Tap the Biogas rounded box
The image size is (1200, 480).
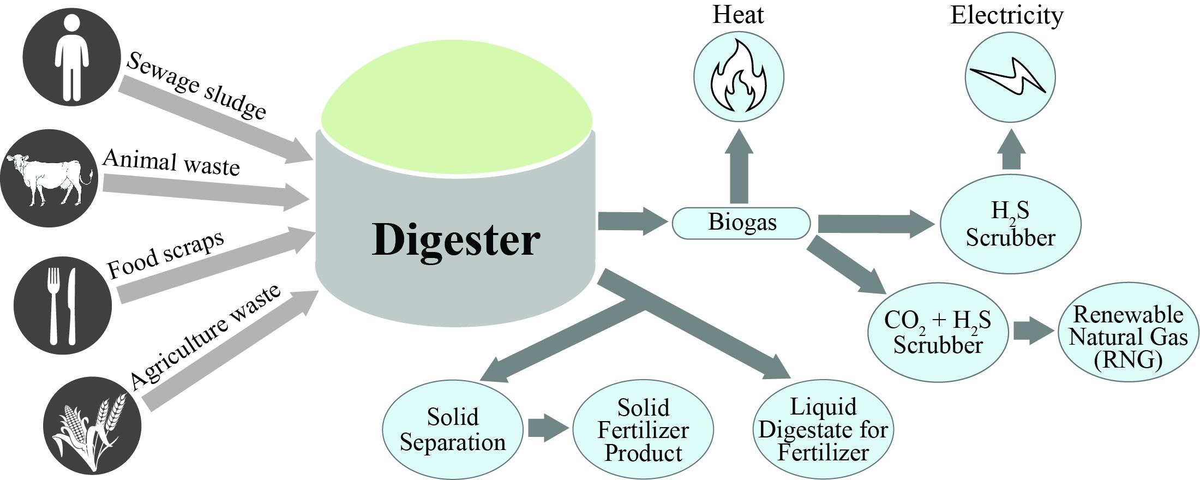741,223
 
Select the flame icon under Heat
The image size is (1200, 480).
739,76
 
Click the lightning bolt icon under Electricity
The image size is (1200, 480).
1010,77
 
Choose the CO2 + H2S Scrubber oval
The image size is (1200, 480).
937,332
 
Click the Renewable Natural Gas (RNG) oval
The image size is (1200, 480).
1128,337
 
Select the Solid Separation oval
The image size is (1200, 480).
452,429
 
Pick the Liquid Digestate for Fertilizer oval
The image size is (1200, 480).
823,430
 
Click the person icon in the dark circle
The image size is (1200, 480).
71,57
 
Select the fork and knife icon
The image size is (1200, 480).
62,306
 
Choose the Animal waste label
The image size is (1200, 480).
171,163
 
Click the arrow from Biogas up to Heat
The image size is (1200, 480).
739,166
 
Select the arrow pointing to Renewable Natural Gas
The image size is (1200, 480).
1033,332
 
